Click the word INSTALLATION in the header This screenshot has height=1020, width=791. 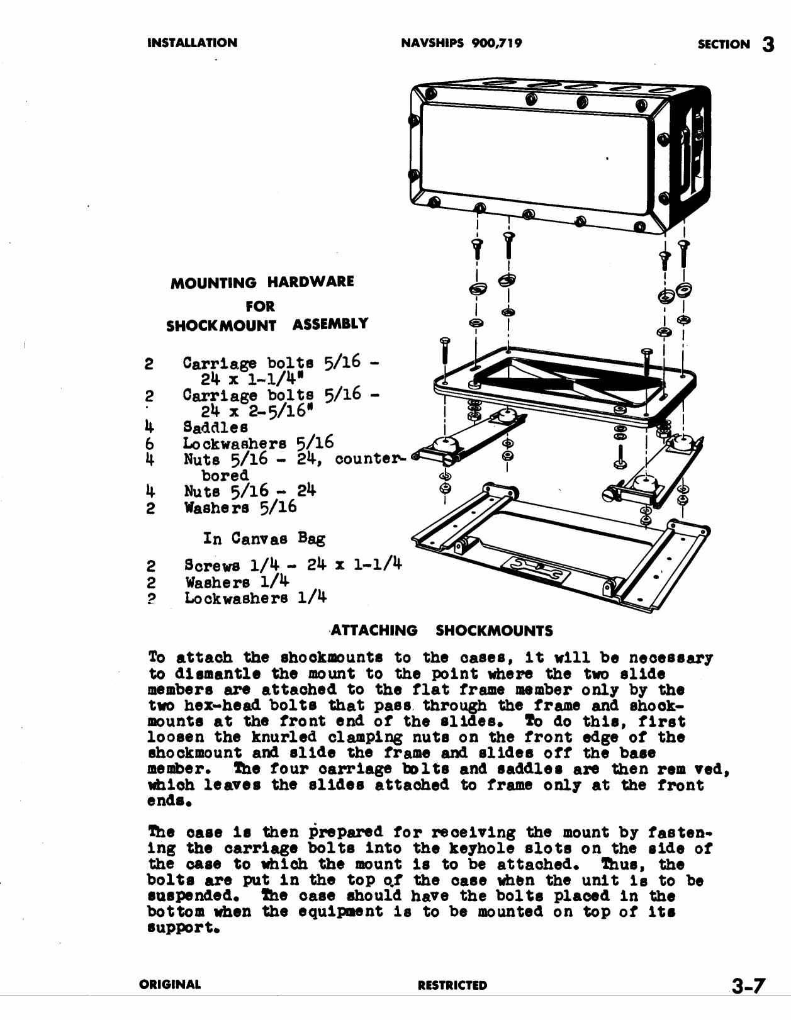pos(192,43)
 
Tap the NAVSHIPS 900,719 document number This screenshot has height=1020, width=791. pos(461,43)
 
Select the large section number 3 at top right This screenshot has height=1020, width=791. pos(768,45)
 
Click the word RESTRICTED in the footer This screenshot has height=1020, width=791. pos(452,985)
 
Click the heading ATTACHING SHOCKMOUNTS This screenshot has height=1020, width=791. pos(442,630)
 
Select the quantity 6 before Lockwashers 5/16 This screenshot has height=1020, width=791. pos(150,444)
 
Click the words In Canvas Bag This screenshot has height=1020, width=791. pos(264,539)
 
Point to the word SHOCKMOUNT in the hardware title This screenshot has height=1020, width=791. pos(221,326)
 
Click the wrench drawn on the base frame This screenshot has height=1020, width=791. pos(535,568)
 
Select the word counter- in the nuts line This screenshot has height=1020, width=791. pos(370,459)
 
